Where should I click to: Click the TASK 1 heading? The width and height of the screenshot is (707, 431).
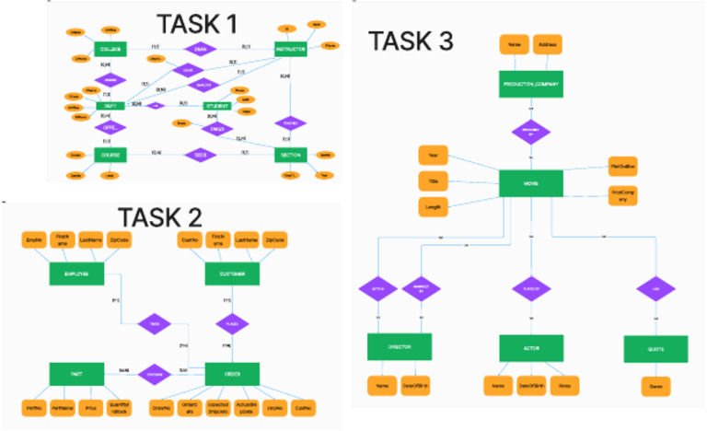click(x=195, y=22)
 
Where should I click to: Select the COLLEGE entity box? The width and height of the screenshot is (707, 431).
click(x=110, y=49)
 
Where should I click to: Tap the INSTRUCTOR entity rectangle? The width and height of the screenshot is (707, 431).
click(x=291, y=49)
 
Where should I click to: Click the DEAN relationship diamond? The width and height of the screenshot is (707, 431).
click(x=200, y=49)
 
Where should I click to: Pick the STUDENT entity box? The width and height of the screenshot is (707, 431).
click(x=218, y=106)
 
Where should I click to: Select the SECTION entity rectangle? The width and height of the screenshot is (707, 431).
click(x=291, y=155)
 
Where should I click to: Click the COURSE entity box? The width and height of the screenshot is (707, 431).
click(x=110, y=155)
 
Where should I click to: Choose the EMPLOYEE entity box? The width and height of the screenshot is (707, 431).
click(x=76, y=274)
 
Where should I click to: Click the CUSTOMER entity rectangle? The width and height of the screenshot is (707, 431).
click(x=231, y=274)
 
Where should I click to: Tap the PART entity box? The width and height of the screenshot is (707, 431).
click(x=76, y=374)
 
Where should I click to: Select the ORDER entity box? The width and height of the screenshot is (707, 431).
click(x=231, y=374)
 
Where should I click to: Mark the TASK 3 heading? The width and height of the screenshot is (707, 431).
click(x=411, y=41)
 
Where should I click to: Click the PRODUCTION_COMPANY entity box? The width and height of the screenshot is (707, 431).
click(x=531, y=84)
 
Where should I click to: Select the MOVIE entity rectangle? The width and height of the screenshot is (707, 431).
click(x=531, y=182)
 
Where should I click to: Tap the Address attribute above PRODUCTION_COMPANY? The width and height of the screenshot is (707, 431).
click(x=547, y=44)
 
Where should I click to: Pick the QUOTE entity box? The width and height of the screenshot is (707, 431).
click(x=655, y=348)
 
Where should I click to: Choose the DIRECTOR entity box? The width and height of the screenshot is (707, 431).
click(x=400, y=347)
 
